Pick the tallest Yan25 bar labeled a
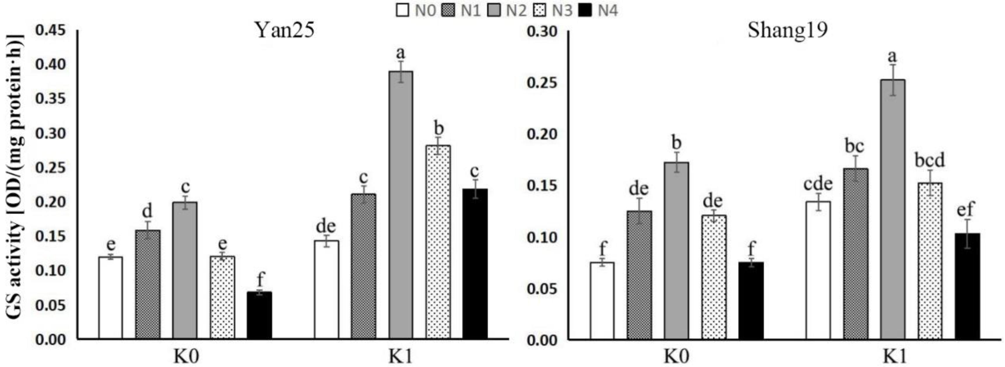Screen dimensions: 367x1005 [x=401, y=205]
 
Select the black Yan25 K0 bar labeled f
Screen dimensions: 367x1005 [x=260, y=315]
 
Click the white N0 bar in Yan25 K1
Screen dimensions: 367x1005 [x=326, y=289]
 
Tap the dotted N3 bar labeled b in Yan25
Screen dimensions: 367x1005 [x=438, y=242]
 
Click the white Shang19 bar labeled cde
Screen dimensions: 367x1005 [x=818, y=270]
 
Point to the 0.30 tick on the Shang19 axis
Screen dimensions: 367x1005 [x=542, y=31]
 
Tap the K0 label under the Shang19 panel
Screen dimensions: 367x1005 [x=676, y=356]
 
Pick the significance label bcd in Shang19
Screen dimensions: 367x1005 [x=930, y=160]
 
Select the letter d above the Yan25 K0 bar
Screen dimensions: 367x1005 [x=147, y=212]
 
